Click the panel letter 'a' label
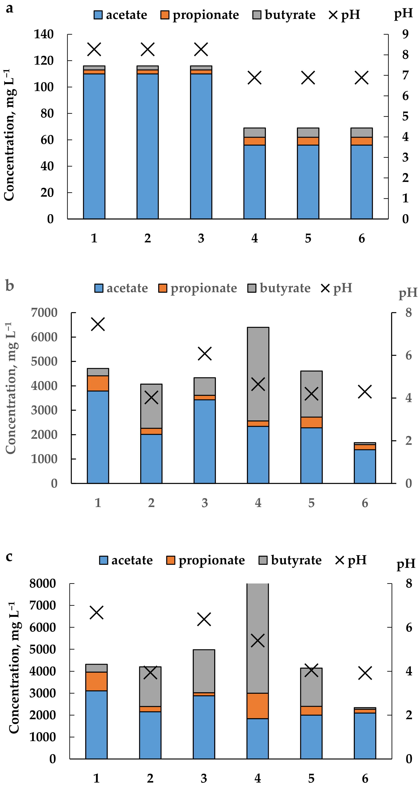point(9,9)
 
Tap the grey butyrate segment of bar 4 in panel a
point(254,133)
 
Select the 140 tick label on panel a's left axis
point(44,34)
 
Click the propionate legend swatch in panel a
point(165,15)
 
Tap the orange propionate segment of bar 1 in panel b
point(98,383)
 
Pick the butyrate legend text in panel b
point(285,288)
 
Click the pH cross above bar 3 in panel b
point(205,353)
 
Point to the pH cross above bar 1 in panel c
point(97,612)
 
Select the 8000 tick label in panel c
point(43,584)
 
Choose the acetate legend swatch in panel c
point(104,560)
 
